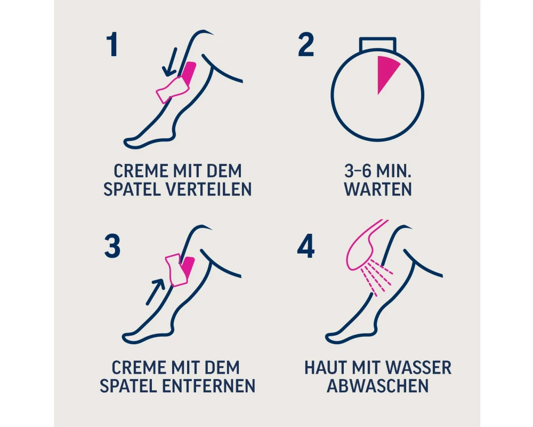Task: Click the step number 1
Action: coord(112,45)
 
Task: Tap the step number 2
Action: coord(305,45)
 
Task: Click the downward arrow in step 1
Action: coord(170,61)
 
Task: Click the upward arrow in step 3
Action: coord(155,291)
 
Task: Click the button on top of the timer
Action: coord(378,44)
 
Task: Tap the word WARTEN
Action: coord(378,189)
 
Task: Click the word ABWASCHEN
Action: coord(378,386)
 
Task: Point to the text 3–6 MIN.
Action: coord(378,171)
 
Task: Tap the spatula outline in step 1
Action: coord(172,90)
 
